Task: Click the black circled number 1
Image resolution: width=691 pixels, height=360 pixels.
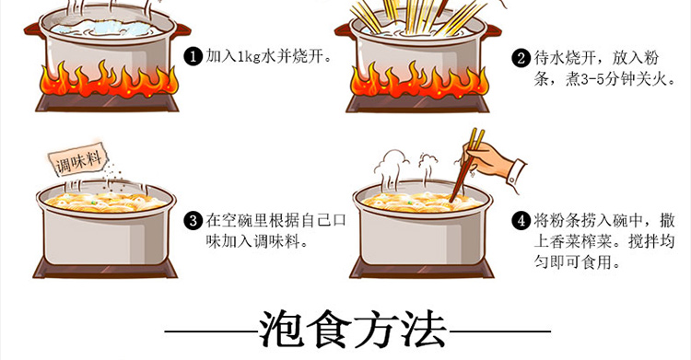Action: [193, 56]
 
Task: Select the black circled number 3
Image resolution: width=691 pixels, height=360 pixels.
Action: [193, 220]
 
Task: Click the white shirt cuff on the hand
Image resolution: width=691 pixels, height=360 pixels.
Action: [517, 175]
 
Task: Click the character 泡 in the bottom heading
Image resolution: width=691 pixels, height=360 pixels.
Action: [282, 329]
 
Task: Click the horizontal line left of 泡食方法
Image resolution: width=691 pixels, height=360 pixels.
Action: [212, 331]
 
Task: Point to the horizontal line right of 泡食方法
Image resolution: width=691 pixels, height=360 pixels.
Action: [500, 331]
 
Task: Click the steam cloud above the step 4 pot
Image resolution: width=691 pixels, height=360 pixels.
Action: [393, 162]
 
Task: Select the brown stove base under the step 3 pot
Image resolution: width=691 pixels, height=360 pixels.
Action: [106, 269]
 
